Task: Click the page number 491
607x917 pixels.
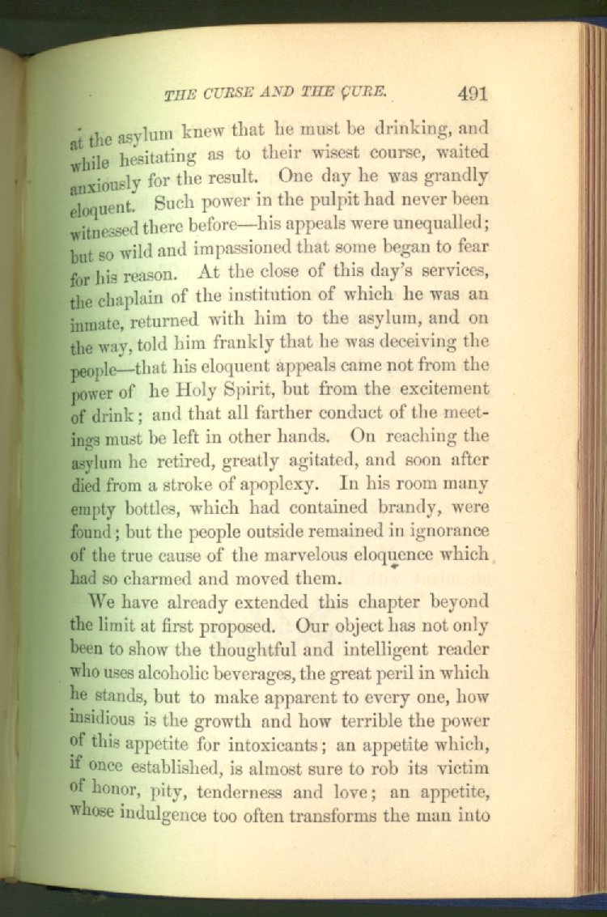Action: click(473, 93)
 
